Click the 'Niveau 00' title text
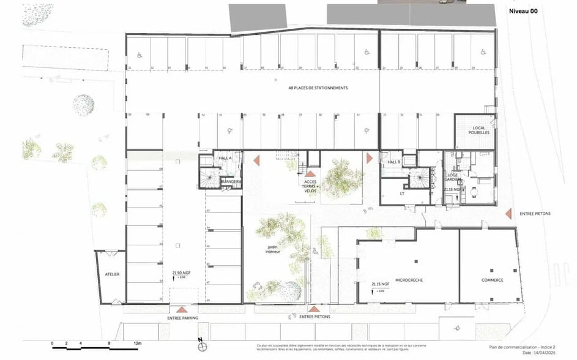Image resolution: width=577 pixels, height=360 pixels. point(524,10)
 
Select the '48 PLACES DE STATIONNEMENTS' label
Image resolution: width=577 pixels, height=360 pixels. point(318,88)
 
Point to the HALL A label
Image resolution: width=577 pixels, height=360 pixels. point(225,158)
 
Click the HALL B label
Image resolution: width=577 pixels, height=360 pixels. point(393,162)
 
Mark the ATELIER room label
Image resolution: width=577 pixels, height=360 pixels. point(111,274)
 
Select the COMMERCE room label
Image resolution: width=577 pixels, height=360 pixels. point(492,280)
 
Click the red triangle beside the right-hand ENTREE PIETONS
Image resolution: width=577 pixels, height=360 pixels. point(508,213)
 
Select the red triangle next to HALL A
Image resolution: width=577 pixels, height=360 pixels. point(257,159)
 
